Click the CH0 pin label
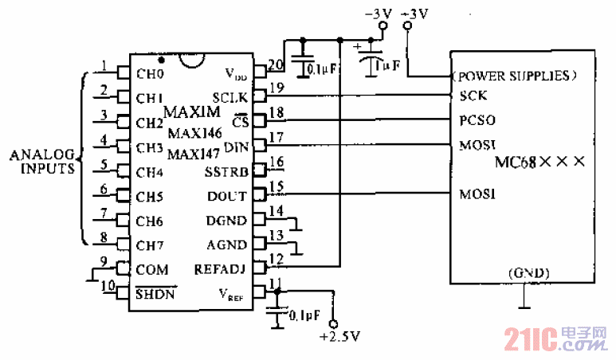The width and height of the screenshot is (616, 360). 150,74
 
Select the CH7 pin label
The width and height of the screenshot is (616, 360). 150,245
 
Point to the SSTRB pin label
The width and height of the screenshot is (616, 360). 227,171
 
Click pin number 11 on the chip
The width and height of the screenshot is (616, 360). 276,284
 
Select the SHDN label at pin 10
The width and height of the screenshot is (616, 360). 155,294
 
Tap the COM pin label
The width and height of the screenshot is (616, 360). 151,269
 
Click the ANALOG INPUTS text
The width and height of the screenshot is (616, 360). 41,161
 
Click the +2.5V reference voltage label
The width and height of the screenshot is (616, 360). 335,338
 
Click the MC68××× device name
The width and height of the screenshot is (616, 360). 540,162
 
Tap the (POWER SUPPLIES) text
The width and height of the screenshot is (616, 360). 513,76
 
